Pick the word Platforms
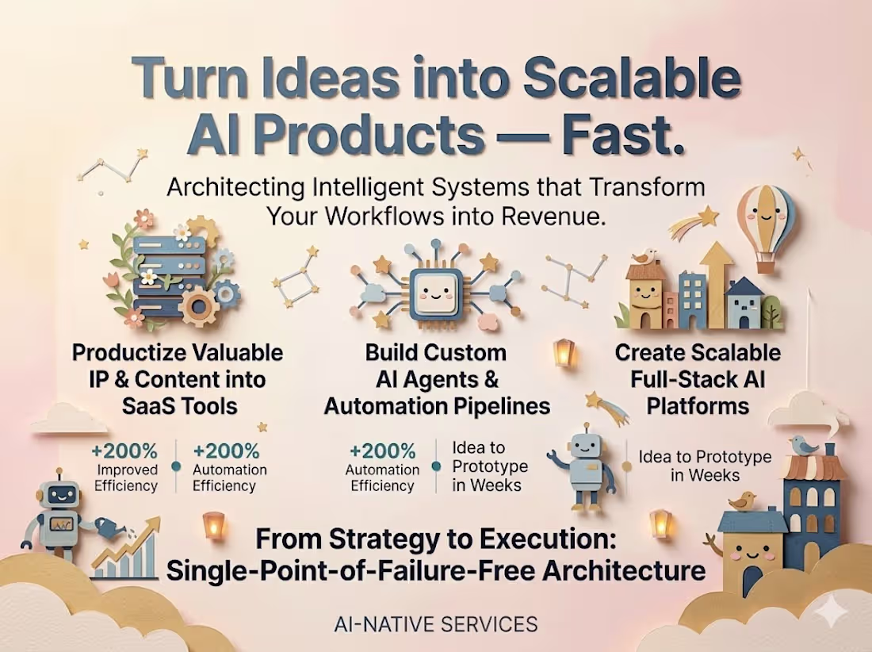coord(698,406)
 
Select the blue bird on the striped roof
coord(807,446)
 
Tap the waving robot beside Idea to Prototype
coord(587,468)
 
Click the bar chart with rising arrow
coord(128,549)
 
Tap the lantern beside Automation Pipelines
coord(564,351)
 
